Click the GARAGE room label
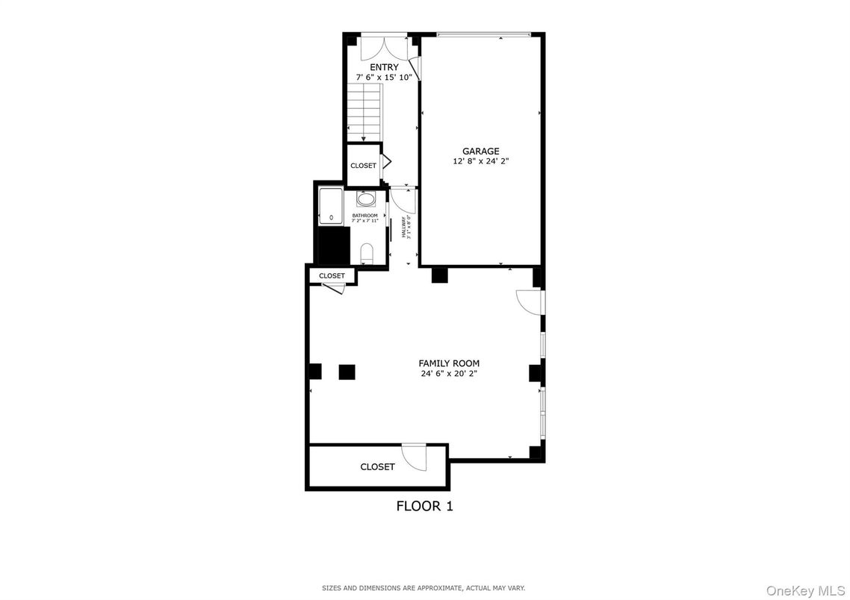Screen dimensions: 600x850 pyautogui.click(x=480, y=151)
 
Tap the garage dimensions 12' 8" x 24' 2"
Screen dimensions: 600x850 pyautogui.click(x=480, y=161)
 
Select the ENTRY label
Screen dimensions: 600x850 pyautogui.click(x=384, y=67)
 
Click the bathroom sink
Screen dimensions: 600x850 pyautogui.click(x=366, y=199)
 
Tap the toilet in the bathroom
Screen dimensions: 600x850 pyautogui.click(x=366, y=254)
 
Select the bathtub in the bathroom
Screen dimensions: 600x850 pyautogui.click(x=331, y=206)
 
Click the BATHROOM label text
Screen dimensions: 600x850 pyautogui.click(x=365, y=216)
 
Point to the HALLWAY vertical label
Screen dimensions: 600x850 pyautogui.click(x=403, y=227)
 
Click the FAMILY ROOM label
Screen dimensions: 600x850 pyautogui.click(x=449, y=363)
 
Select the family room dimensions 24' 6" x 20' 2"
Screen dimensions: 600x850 pyautogui.click(x=449, y=374)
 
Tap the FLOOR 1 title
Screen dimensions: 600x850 pyautogui.click(x=424, y=506)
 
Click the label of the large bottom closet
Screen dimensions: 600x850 pyautogui.click(x=377, y=467)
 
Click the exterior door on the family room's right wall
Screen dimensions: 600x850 pyautogui.click(x=531, y=301)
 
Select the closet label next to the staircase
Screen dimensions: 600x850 pyautogui.click(x=364, y=166)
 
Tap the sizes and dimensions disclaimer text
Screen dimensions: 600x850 pyautogui.click(x=424, y=588)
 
